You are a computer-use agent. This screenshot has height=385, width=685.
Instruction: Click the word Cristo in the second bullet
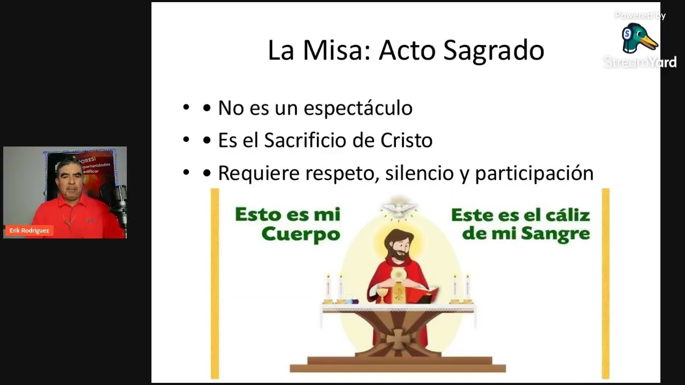(406, 141)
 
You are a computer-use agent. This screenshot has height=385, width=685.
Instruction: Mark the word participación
(534, 174)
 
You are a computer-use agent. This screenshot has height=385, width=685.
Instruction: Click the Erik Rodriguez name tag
(29, 230)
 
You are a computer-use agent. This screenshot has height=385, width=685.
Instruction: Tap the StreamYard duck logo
(638, 38)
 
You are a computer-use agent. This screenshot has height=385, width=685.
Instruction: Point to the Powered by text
(640, 16)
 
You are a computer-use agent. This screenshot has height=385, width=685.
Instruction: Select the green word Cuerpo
(301, 234)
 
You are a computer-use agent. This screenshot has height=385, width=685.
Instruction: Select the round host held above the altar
(398, 274)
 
